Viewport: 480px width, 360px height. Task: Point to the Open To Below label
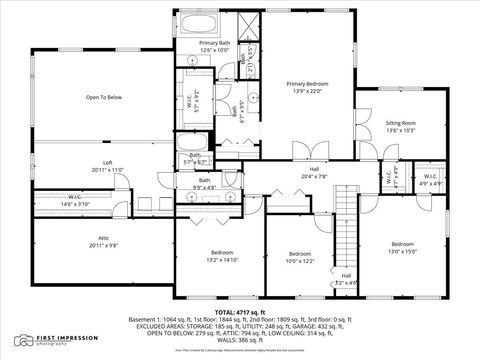coord(103,97)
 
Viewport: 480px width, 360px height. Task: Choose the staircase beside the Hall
coord(346,225)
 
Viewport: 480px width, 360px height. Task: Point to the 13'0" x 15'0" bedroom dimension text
coord(402,250)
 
